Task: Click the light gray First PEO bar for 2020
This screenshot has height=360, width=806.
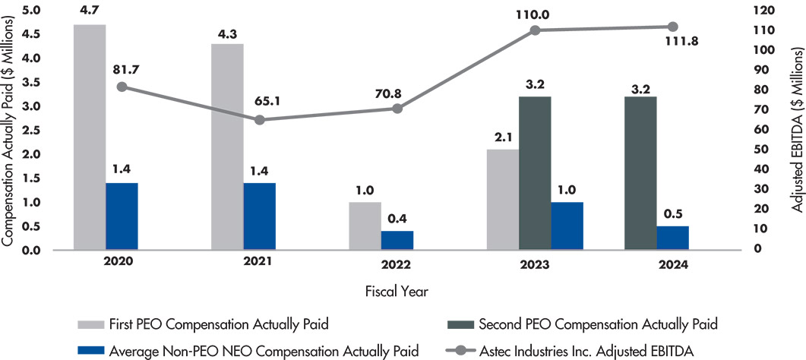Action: click(90, 137)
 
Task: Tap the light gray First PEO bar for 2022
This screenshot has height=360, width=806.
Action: click(365, 226)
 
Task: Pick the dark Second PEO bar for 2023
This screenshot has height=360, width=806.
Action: click(535, 173)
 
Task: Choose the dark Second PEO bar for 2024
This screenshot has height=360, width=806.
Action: click(640, 173)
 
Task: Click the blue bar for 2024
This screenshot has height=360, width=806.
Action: click(673, 238)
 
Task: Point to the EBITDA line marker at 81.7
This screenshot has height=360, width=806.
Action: click(122, 87)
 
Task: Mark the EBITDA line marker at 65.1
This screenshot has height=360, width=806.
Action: click(260, 120)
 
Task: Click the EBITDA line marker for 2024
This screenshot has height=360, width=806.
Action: click(672, 27)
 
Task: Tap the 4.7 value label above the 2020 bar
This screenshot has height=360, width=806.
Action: click(90, 10)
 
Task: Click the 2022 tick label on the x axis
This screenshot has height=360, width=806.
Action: click(397, 265)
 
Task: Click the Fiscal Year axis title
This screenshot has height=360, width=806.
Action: click(397, 289)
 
